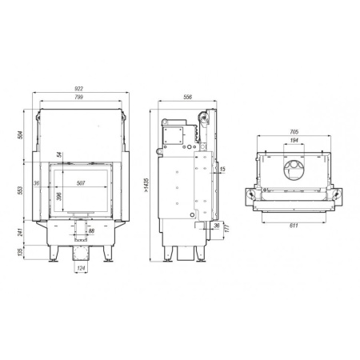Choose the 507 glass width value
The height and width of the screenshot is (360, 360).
pyautogui.click(x=81, y=182)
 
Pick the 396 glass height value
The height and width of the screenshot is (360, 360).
pyautogui.click(x=58, y=196)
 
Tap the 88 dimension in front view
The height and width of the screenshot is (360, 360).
pyautogui.click(x=91, y=231)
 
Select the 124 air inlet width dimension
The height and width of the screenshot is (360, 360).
pyautogui.click(x=80, y=269)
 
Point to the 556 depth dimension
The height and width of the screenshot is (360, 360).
pyautogui.click(x=187, y=97)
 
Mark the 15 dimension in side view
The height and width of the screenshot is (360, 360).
pyautogui.click(x=222, y=170)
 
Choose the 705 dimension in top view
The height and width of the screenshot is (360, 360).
pyautogui.click(x=294, y=131)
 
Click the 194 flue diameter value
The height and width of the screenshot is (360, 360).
pyautogui.click(x=294, y=140)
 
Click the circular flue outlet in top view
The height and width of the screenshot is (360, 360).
pyautogui.click(x=295, y=169)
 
